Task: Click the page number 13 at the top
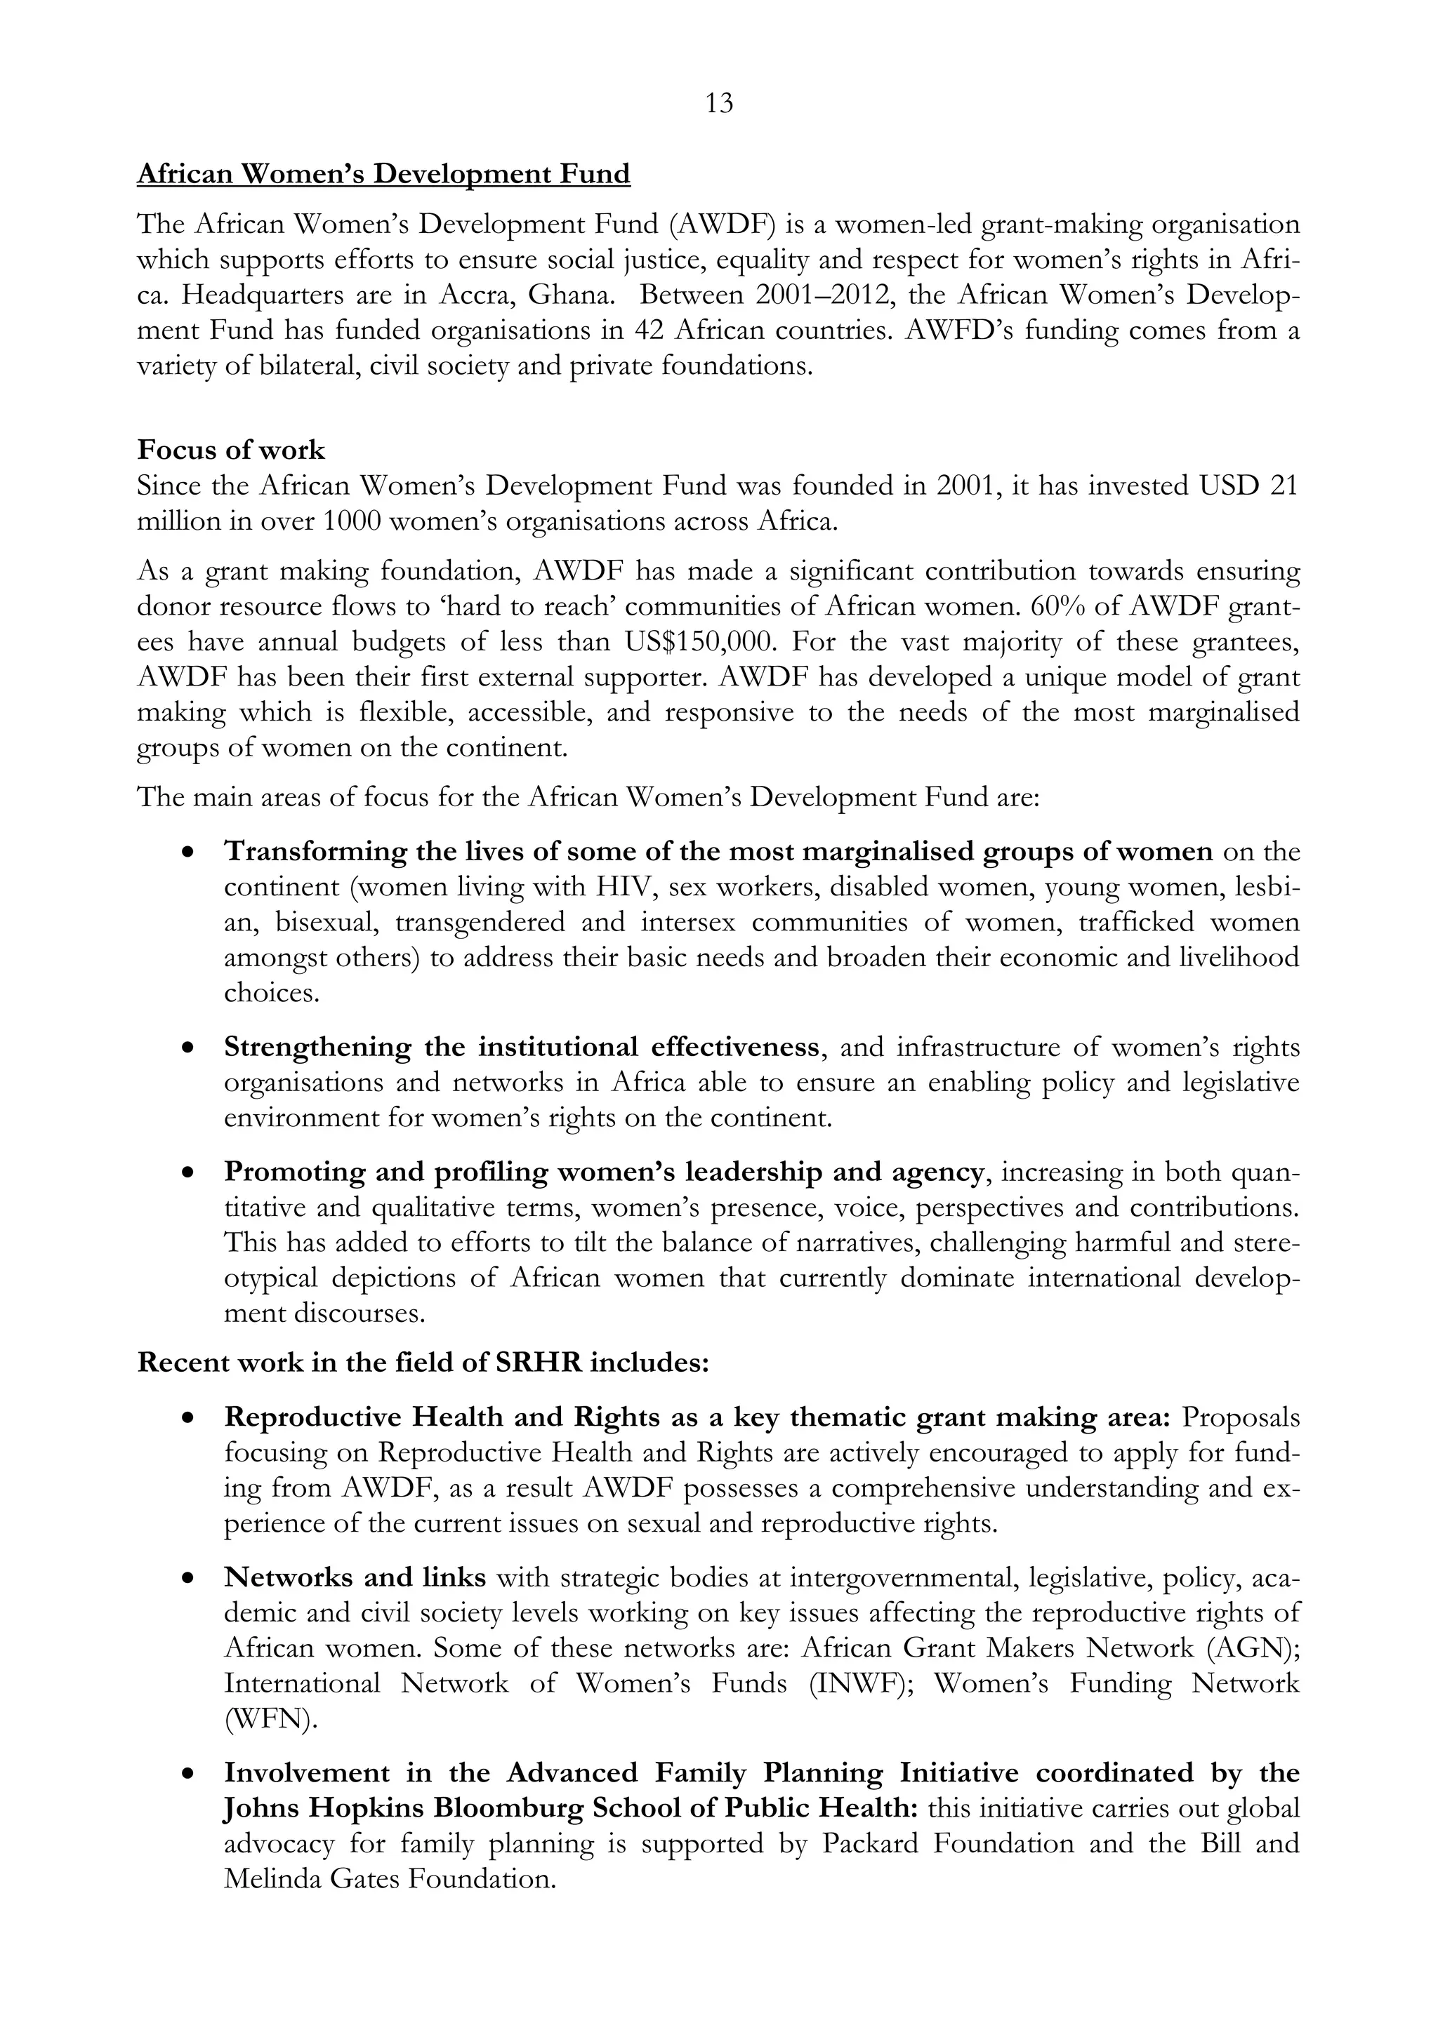[x=719, y=105]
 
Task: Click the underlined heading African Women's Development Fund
[x=383, y=173]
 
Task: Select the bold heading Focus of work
[x=231, y=450]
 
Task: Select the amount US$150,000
[x=702, y=641]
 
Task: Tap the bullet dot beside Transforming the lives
[x=187, y=853]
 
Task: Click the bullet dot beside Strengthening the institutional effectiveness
[x=187, y=1048]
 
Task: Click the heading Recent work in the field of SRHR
[x=423, y=1362]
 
